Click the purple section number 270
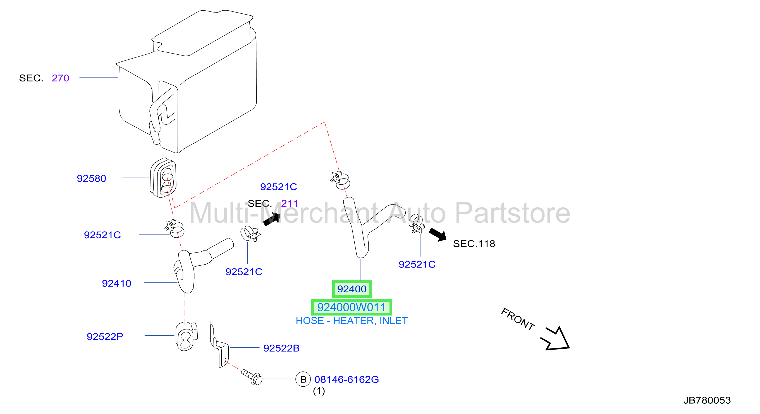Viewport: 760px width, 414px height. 61,78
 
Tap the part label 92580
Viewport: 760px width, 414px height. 92,178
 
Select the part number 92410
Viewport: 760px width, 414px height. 116,283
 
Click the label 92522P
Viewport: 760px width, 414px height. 105,336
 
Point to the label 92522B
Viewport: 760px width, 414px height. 281,348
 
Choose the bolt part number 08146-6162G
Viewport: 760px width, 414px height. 347,379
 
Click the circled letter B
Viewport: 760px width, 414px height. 303,379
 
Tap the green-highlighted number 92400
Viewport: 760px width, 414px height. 352,289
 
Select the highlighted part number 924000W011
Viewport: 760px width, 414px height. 352,307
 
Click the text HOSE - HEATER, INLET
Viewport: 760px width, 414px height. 352,321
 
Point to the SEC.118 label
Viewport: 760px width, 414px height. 474,244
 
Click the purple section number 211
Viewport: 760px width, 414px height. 290,203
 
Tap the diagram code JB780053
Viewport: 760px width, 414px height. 707,400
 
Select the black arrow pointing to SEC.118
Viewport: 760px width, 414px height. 438,235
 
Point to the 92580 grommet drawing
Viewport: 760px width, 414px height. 163,178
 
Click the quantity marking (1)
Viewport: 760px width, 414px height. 319,391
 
